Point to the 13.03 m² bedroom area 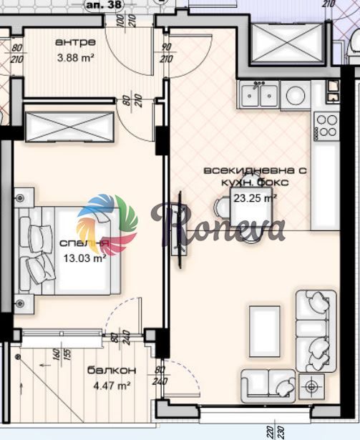tap(85, 259)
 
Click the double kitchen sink tap(260, 94)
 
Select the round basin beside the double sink tap(296, 94)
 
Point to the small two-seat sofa tap(268, 384)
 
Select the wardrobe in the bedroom tap(69, 126)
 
